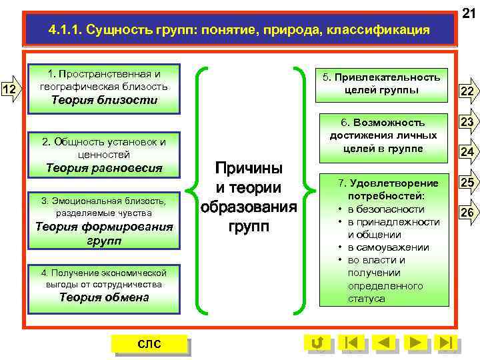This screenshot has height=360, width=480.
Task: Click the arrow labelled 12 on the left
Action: [11, 89]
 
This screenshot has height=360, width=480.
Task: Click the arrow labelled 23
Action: [467, 122]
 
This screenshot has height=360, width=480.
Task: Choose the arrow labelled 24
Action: [467, 153]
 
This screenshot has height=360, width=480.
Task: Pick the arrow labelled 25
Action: [467, 183]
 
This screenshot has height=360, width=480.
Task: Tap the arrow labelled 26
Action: [467, 213]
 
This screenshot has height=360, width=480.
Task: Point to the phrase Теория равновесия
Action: [104, 168]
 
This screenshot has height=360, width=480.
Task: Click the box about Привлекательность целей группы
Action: [382, 84]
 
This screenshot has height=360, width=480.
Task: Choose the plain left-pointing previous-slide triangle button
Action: [383, 343]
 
